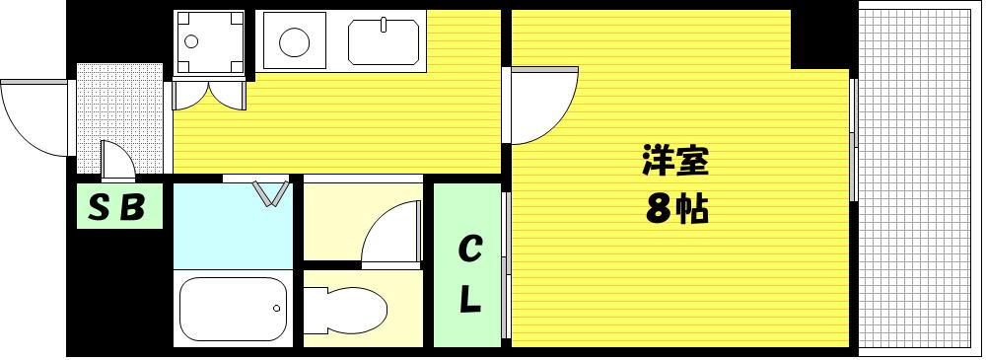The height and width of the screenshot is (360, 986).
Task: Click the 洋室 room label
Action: pyautogui.click(x=675, y=161)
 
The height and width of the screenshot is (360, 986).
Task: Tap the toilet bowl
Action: pyautogui.click(x=344, y=311)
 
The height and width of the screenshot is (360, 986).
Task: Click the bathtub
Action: pyautogui.click(x=234, y=309)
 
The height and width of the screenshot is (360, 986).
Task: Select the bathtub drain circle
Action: pyautogui.click(x=276, y=309)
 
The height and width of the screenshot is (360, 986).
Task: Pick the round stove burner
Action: pyautogui.click(x=294, y=42)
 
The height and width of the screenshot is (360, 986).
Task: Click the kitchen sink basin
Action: pyautogui.click(x=384, y=42)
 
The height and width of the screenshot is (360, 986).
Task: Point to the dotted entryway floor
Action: pyautogui.click(x=119, y=117)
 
